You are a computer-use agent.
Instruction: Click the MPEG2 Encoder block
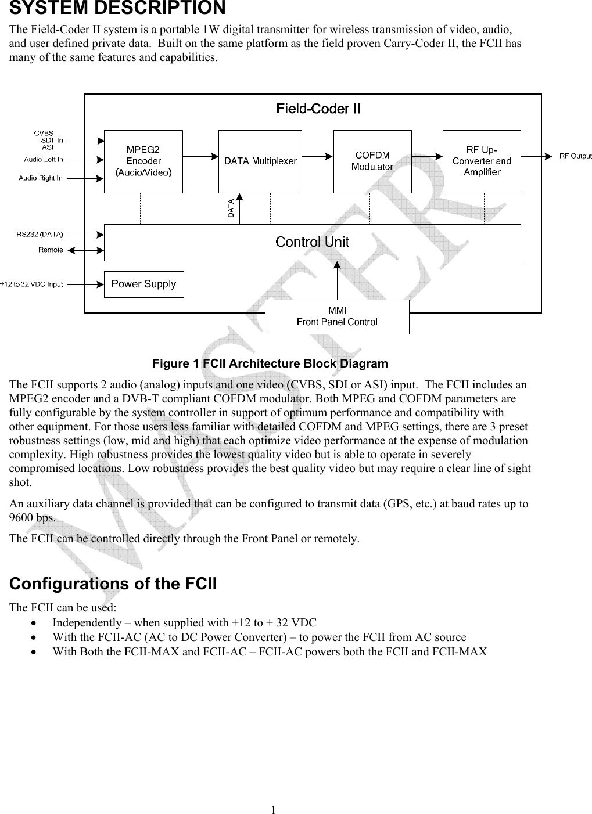point(143,161)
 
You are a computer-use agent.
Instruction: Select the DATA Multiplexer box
point(260,161)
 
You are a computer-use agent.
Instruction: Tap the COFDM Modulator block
point(372,161)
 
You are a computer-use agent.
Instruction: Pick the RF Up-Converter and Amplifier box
point(481,161)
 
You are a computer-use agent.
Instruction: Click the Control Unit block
point(312,242)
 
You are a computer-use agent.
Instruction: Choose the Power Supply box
point(143,284)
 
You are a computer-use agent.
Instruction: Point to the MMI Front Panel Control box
point(337,316)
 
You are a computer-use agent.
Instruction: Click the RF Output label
point(575,156)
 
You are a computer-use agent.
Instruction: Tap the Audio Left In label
point(44,159)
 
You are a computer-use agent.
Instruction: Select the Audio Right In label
point(41,178)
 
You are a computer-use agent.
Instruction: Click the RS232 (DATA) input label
point(40,234)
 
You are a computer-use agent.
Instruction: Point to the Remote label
point(51,250)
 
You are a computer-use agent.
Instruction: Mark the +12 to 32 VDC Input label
point(31,284)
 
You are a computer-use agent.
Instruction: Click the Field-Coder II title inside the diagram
point(318,109)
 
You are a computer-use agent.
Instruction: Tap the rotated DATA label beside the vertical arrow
point(231,208)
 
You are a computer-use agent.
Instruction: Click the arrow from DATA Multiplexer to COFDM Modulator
point(318,156)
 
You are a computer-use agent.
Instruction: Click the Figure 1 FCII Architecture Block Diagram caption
point(270,363)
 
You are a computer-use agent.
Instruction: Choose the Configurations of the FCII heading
point(113,584)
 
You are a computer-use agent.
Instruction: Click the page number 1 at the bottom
point(273,809)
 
